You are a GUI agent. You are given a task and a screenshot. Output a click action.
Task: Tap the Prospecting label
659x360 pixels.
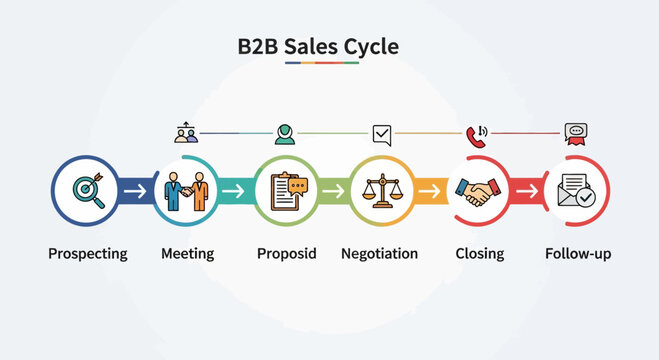(88, 254)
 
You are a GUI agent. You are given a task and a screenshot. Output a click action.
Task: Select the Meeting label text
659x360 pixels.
(187, 254)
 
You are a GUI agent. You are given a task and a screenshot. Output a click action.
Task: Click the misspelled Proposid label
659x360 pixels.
(286, 254)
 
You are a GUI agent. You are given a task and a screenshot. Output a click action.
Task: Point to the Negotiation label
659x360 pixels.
(379, 254)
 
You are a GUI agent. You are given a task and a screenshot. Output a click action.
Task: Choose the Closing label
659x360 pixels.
(479, 254)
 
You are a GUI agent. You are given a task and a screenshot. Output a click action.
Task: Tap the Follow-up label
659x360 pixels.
(578, 254)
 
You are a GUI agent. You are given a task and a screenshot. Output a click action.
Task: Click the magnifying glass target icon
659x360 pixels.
(87, 189)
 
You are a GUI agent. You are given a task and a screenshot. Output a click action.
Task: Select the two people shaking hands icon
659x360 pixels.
(187, 189)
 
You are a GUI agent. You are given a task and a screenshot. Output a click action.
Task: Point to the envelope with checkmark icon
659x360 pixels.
(576, 189)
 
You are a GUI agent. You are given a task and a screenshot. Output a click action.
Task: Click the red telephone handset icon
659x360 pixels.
(476, 134)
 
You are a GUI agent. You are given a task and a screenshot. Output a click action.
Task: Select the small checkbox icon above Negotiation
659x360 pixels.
(381, 133)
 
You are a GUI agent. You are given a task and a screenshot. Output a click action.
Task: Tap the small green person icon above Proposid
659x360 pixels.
(285, 133)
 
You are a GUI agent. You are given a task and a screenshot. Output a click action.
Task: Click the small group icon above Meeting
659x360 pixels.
(186, 132)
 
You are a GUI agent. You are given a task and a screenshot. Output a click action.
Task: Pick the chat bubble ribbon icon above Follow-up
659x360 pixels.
(575, 134)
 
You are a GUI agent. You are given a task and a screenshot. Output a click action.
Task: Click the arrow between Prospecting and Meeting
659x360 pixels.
(137, 190)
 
